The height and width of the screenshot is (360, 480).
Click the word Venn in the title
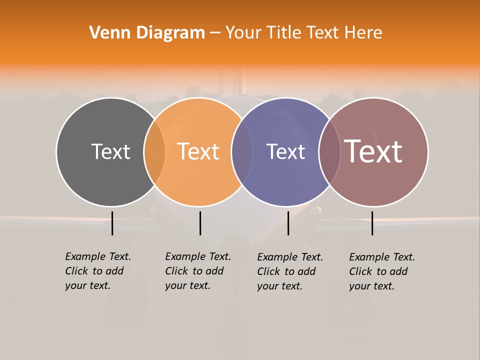(x=104, y=33)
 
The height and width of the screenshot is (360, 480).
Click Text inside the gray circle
(x=110, y=151)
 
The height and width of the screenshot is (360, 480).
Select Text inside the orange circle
(x=198, y=151)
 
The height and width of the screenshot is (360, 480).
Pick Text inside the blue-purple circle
(x=285, y=151)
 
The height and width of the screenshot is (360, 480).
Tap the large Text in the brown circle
(x=373, y=151)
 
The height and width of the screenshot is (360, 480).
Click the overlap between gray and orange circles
(x=154, y=151)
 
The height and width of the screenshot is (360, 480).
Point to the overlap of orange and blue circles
(x=242, y=151)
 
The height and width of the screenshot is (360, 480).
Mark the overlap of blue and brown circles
(x=329, y=151)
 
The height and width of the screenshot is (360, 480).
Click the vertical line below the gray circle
(x=112, y=223)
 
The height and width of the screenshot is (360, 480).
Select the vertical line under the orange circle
(x=200, y=223)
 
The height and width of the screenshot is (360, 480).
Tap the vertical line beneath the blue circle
(x=288, y=223)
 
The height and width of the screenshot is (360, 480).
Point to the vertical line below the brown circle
(x=372, y=223)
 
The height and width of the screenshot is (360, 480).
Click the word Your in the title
(x=243, y=33)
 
